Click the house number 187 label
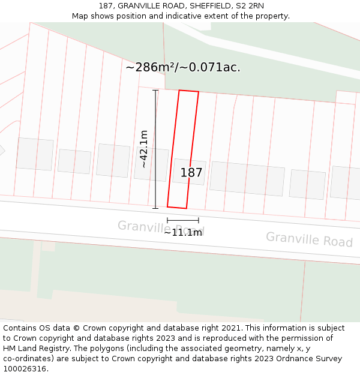191,173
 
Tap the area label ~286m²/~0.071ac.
183,67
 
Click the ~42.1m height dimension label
144,149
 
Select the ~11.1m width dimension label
183,232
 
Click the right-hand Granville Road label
309,239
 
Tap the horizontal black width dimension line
183,221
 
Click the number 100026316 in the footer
24,368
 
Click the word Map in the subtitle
80,16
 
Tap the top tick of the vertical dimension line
155,91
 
